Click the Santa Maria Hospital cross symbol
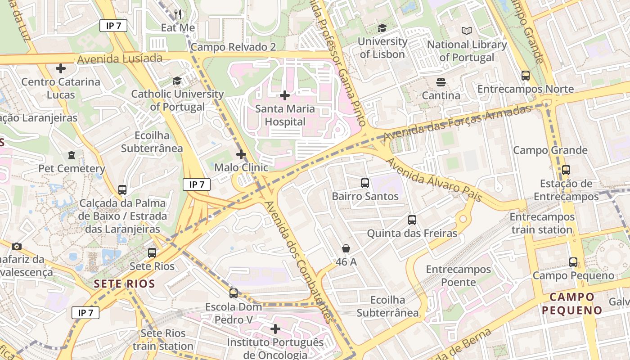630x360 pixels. click(284, 95)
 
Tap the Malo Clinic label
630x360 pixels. click(241, 167)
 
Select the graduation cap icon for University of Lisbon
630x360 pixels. click(382, 28)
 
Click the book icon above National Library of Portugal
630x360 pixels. click(467, 31)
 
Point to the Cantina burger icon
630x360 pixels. click(441, 82)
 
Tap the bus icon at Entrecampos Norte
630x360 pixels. click(525, 76)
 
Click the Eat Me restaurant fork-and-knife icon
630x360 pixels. click(178, 14)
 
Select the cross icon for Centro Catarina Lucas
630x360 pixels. click(60, 68)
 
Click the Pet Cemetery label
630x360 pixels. click(72, 169)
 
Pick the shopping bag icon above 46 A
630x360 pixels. click(346, 248)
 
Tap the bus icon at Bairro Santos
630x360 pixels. click(364, 183)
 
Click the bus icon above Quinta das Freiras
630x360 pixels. click(412, 220)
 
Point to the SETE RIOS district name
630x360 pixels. click(124, 284)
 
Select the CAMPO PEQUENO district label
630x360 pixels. click(571, 303)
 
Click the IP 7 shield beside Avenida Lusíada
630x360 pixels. click(113, 26)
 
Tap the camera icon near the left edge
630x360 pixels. click(17, 246)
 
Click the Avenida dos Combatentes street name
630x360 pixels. click(299, 262)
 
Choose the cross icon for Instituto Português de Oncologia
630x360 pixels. click(275, 329)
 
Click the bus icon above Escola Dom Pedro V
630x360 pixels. click(233, 293)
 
